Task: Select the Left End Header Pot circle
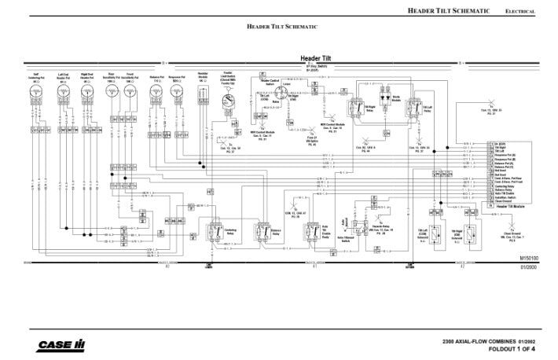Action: pos(62,94)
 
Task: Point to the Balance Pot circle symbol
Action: pos(157,94)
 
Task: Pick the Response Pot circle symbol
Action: pos(178,94)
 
